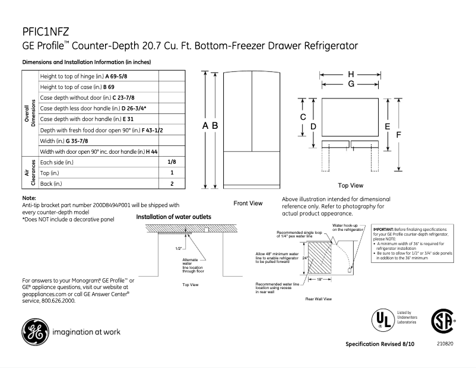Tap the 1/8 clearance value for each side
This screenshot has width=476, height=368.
(172, 161)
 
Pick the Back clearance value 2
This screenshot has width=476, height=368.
(172, 184)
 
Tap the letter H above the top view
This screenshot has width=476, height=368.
(351, 74)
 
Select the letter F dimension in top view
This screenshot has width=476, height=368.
(399, 135)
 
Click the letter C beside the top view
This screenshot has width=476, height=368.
(303, 117)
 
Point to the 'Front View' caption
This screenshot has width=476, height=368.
(247, 203)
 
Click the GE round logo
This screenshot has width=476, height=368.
(34, 332)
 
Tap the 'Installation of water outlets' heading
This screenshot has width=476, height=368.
(173, 217)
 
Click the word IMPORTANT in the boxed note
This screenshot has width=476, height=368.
(385, 229)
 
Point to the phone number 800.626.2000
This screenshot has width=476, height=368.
(57, 301)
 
